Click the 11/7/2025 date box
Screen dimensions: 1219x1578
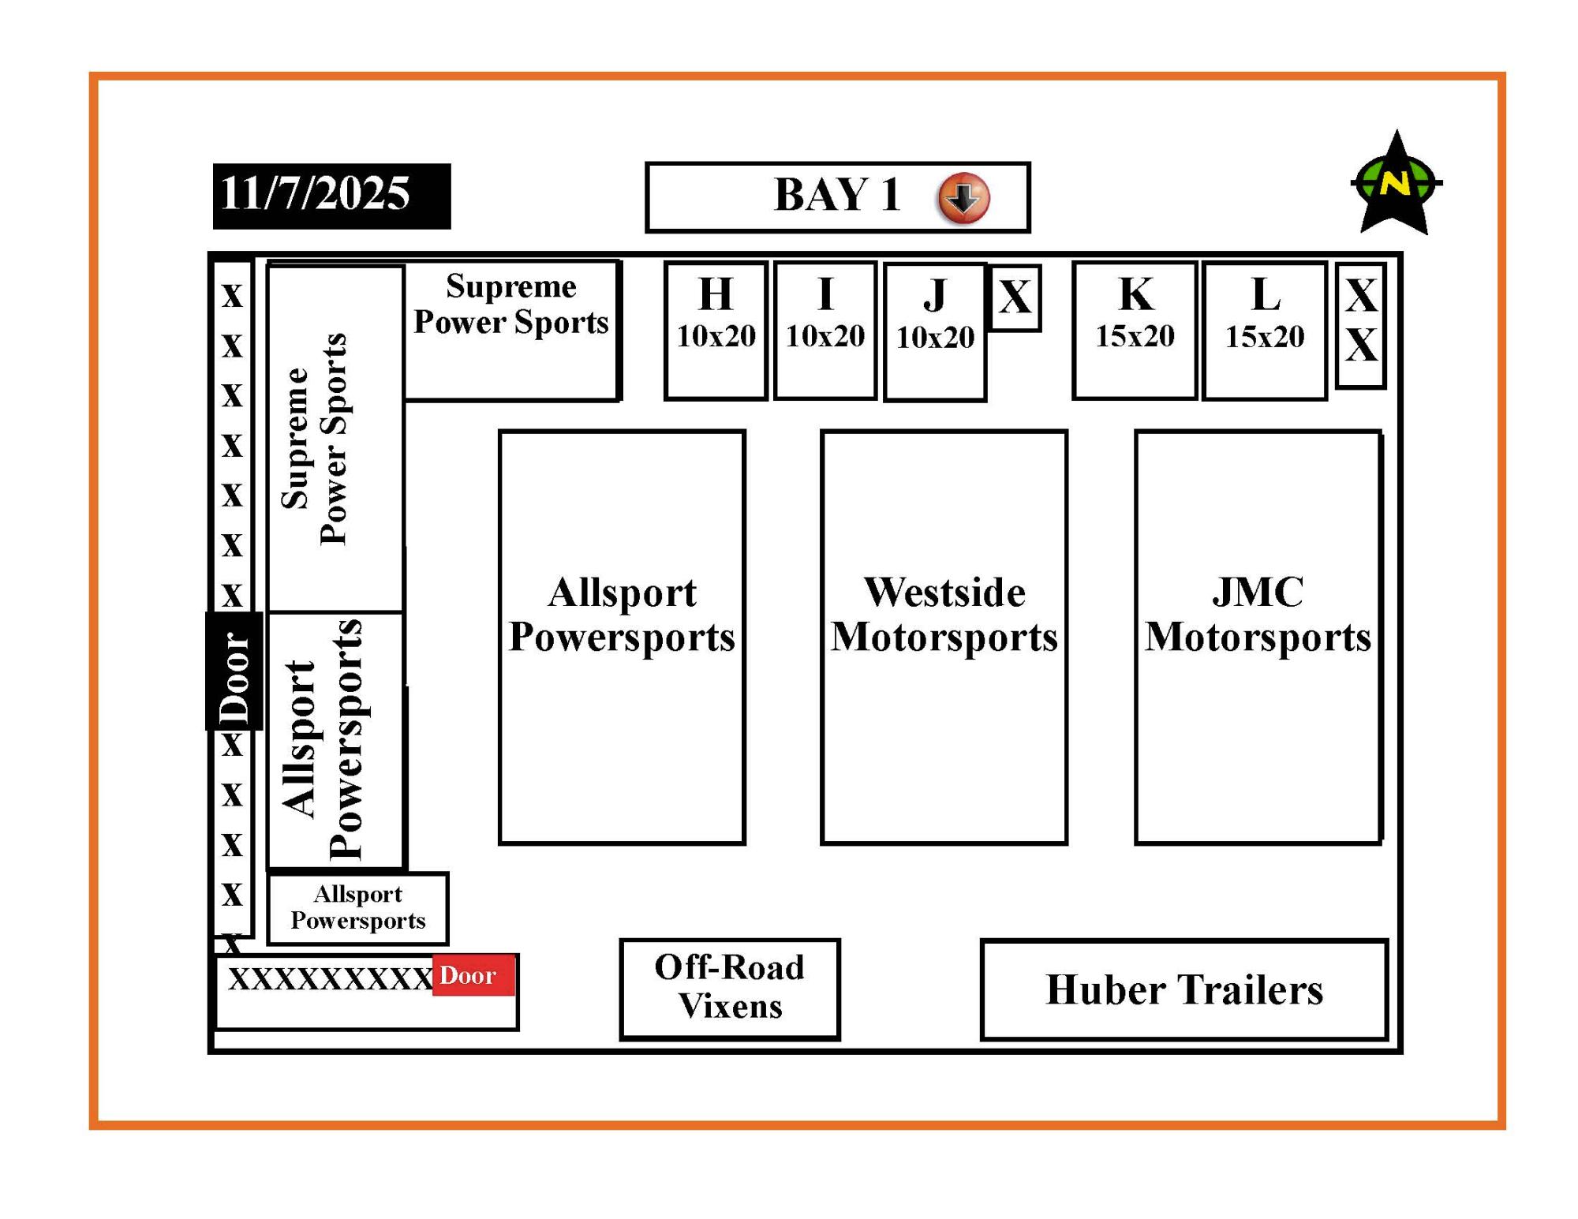tap(331, 196)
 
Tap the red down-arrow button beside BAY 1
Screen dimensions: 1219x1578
tap(963, 197)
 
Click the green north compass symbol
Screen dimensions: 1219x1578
tap(1397, 183)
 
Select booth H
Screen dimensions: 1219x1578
tap(716, 331)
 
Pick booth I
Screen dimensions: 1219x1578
tap(825, 331)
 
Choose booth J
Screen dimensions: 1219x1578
tap(935, 332)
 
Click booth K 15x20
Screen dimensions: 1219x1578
tap(1135, 331)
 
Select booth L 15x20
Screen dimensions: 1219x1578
tap(1265, 331)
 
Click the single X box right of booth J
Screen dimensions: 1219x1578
tap(1015, 297)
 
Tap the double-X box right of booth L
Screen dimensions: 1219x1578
tap(1361, 324)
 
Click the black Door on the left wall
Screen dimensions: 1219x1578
tap(234, 671)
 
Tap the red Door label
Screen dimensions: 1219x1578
tap(473, 975)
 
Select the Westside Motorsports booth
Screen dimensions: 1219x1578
tap(944, 637)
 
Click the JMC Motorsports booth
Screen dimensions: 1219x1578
tap(1258, 637)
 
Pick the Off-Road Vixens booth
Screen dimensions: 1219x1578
tap(730, 989)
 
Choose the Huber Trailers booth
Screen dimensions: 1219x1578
tap(1183, 989)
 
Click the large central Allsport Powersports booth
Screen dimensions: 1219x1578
tap(622, 637)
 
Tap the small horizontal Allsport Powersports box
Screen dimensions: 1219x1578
tap(357, 908)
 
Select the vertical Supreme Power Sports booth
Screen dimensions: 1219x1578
tap(335, 439)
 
